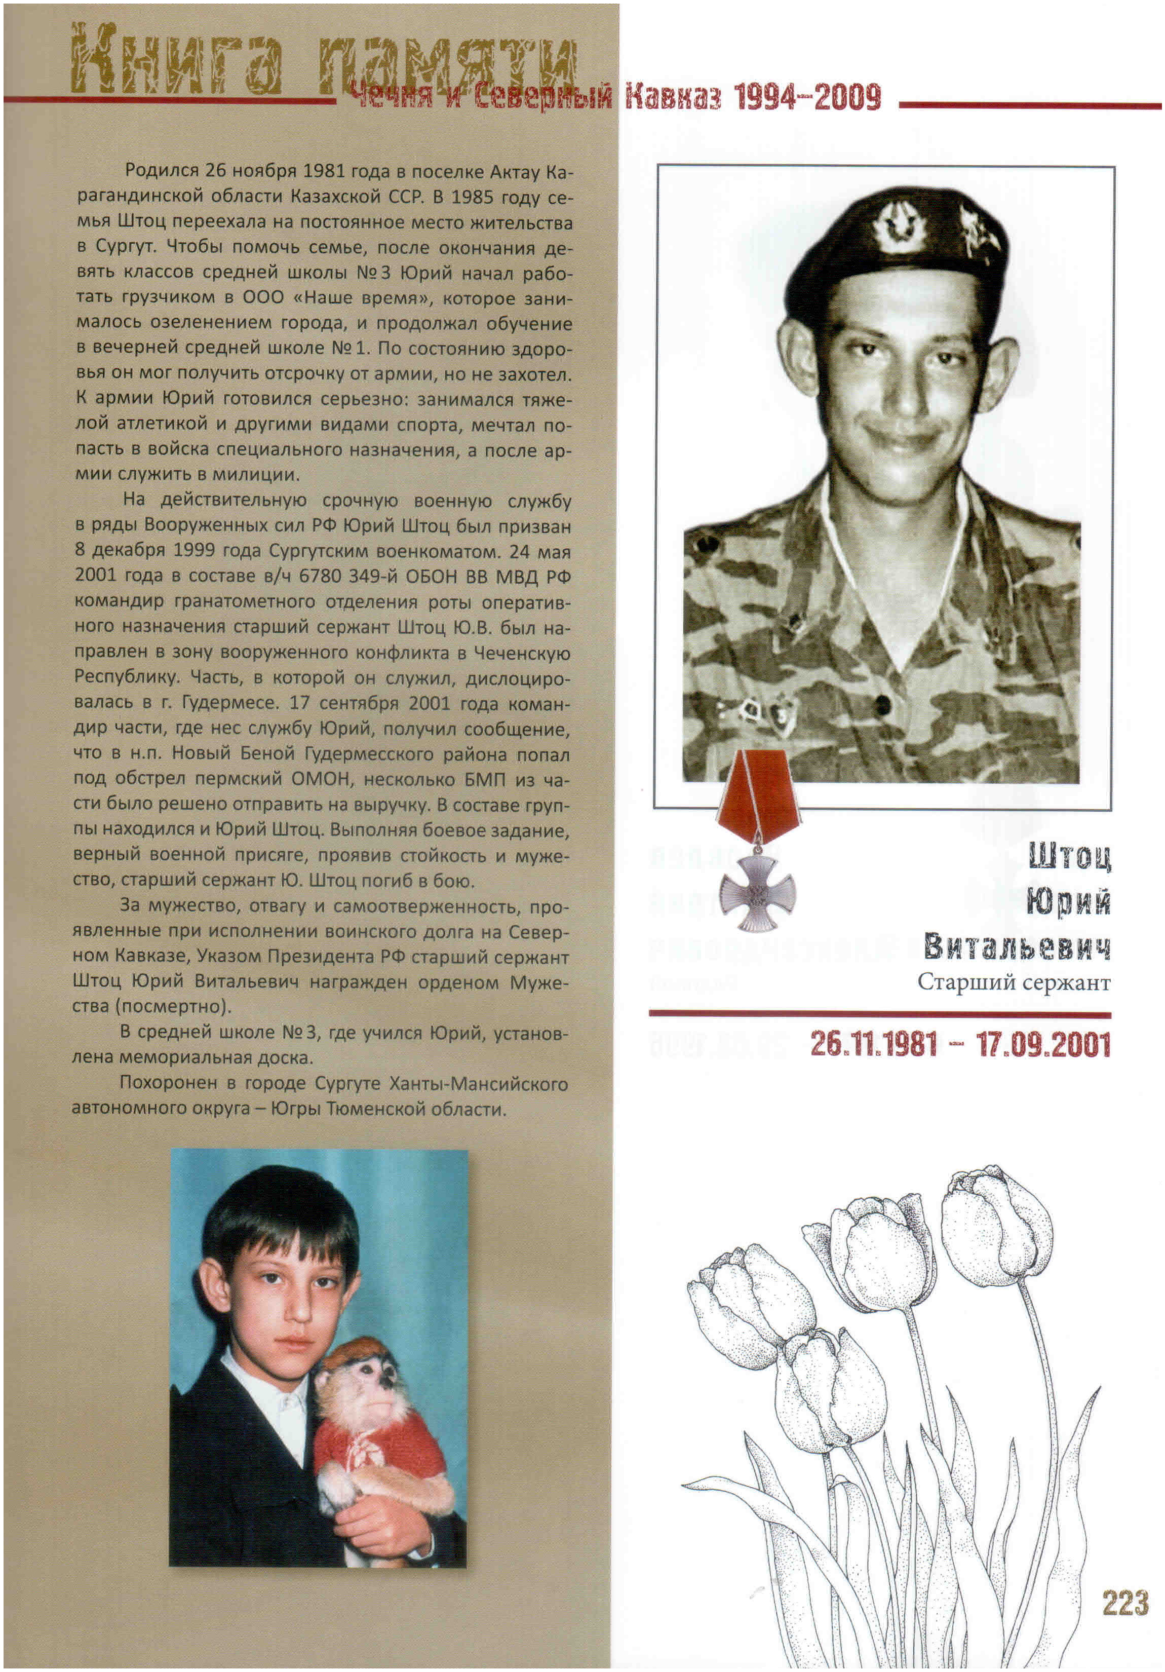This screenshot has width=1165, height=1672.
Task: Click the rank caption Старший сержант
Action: click(1014, 982)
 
